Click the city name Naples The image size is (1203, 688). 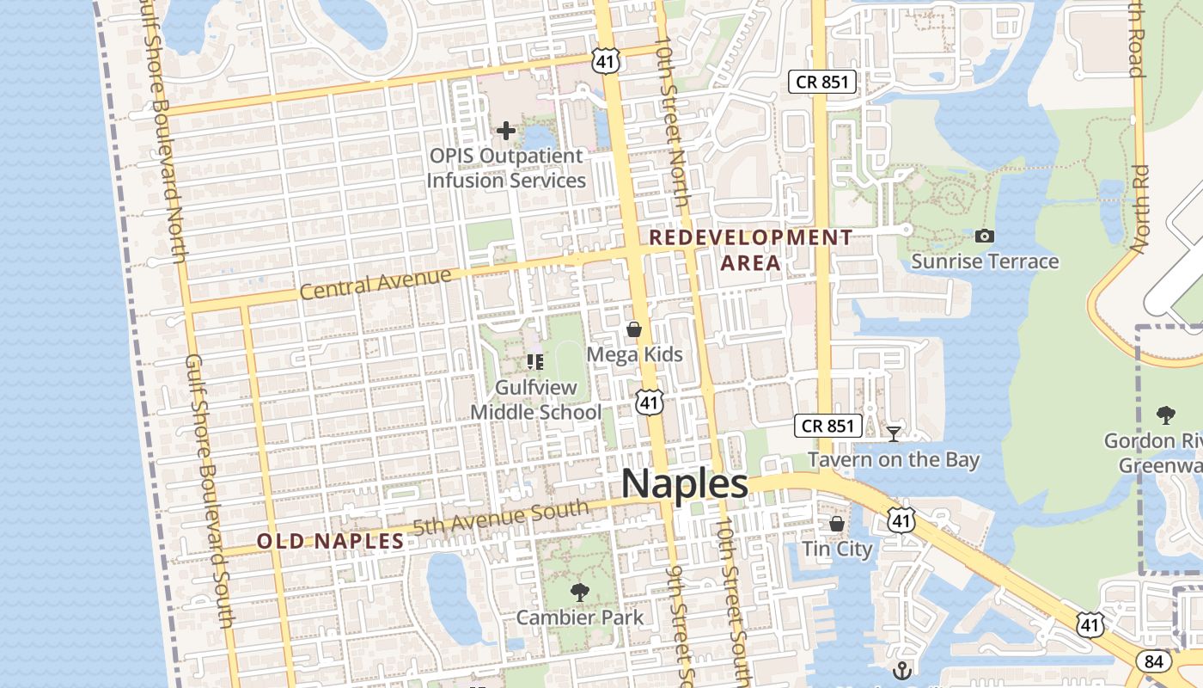tap(684, 483)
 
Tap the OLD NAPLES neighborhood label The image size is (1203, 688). tap(331, 541)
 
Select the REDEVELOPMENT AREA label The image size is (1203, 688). tap(751, 249)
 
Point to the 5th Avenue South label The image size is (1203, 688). tap(501, 518)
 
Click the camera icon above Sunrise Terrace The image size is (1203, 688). tap(985, 236)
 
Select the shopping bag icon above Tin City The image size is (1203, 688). tap(837, 523)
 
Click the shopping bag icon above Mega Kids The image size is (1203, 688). tap(634, 329)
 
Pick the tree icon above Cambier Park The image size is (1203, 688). tap(580, 592)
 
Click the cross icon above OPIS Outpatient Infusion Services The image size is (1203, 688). tap(506, 131)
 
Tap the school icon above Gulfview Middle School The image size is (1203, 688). tap(535, 361)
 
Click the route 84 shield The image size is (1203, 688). tap(1153, 660)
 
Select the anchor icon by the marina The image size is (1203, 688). tap(902, 670)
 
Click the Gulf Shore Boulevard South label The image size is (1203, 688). tap(211, 490)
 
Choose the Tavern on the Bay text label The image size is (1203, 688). tap(894, 459)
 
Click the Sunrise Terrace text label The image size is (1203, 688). tap(985, 261)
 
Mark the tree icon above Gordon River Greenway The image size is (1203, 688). tap(1165, 415)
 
